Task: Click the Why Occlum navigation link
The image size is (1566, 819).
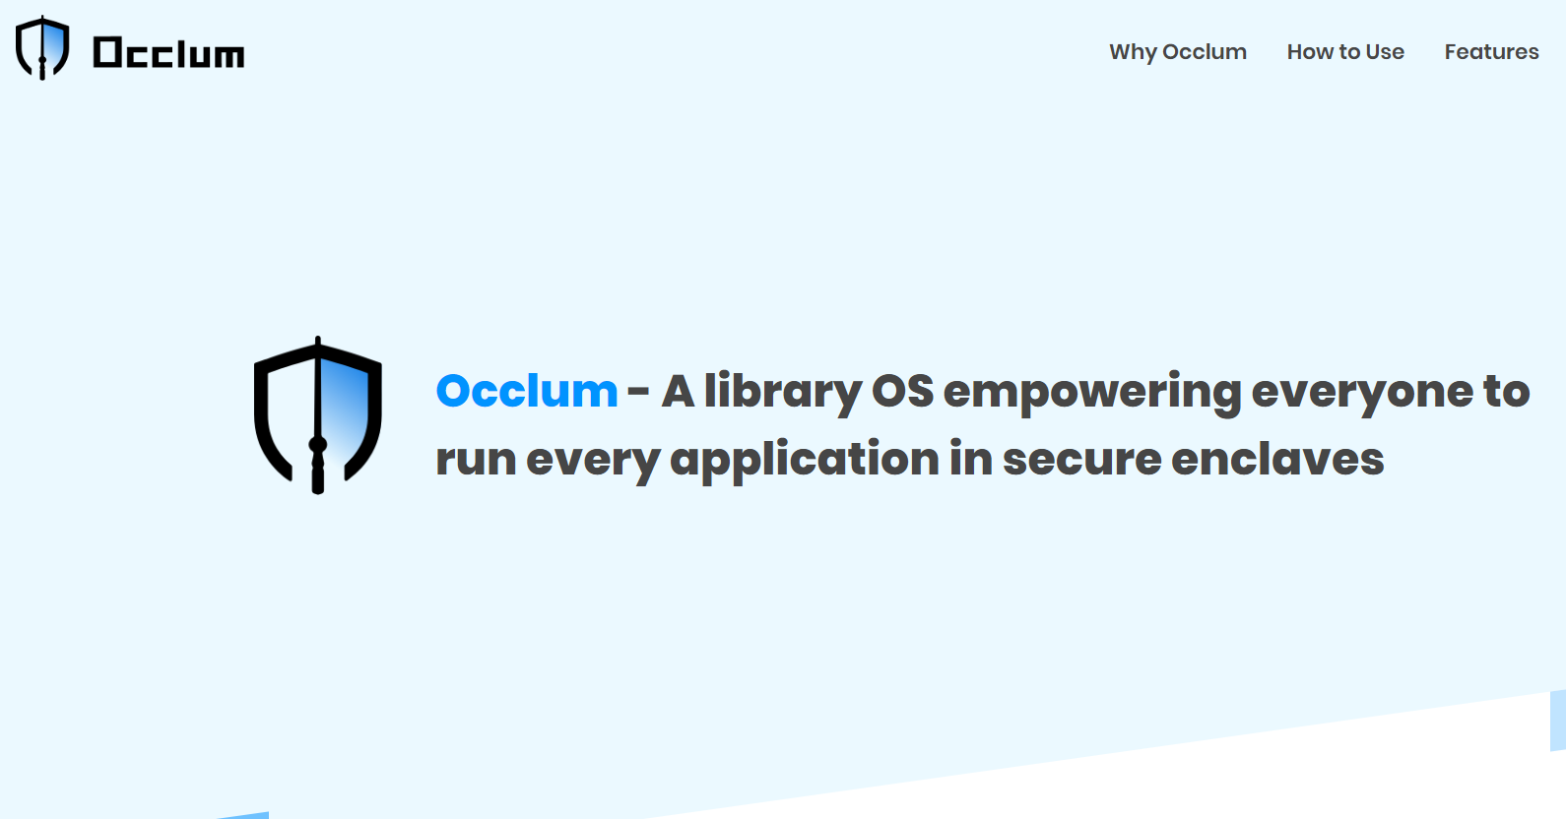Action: pos(1177,52)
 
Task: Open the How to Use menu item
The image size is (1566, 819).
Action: pos(1345,52)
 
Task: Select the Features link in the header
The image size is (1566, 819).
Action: pos(1491,52)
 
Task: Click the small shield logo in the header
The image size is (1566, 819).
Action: pos(42,47)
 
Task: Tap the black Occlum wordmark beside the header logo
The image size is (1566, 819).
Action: pos(168,53)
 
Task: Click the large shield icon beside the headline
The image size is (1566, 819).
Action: pos(317,414)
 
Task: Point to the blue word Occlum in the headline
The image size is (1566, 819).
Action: pos(527,392)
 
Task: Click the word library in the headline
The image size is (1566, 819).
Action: pos(782,392)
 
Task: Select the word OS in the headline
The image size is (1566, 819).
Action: pos(902,392)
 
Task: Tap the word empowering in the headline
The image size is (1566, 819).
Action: pos(1091,392)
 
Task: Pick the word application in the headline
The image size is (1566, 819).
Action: pos(805,460)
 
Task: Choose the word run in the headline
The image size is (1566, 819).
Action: pos(476,460)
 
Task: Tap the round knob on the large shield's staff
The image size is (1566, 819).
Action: pos(318,445)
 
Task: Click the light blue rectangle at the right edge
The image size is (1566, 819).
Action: pos(1558,720)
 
